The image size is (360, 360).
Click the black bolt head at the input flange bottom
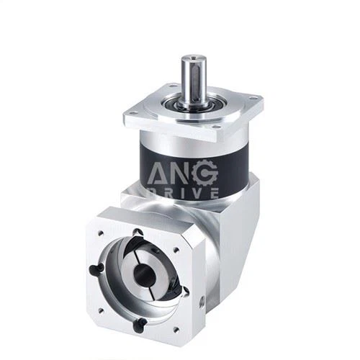coord(140,322)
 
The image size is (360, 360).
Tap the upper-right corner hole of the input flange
coord(184,248)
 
